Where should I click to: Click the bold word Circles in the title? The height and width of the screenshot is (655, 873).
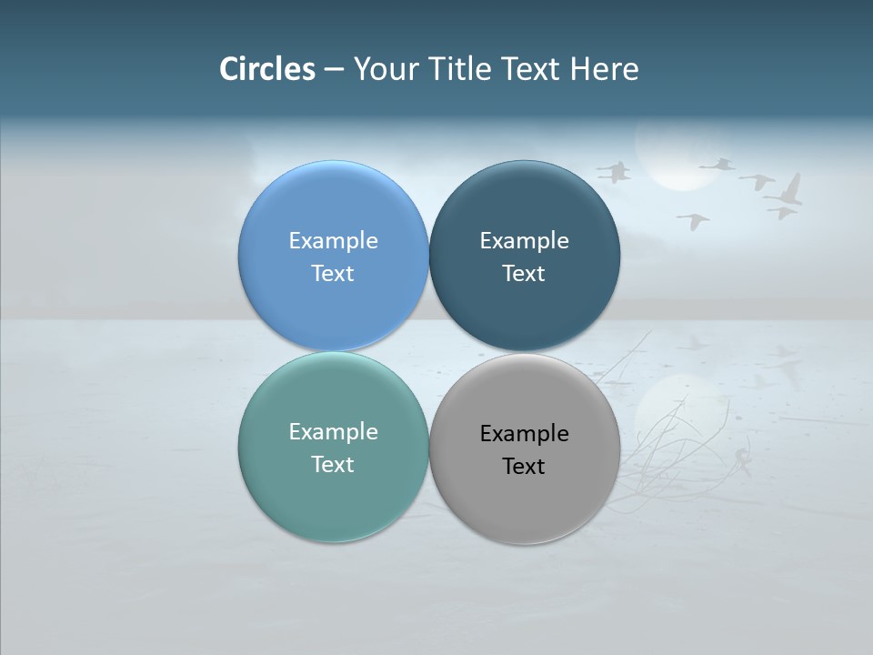pos(267,69)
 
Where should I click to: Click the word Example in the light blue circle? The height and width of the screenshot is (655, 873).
pos(333,240)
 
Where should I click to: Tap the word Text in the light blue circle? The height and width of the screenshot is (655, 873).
pos(333,273)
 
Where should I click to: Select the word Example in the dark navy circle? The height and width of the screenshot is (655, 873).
pos(524,240)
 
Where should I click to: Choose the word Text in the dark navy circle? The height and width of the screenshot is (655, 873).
pos(524,273)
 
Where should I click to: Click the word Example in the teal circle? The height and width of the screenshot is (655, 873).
pos(333,431)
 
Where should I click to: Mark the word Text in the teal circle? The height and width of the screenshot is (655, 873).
pos(333,464)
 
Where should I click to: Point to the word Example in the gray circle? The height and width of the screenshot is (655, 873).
pos(524,433)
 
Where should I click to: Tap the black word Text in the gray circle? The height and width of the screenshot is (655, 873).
pos(524,466)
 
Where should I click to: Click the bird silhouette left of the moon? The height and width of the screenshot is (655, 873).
pos(615,171)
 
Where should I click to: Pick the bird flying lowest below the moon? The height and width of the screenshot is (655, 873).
pos(694,220)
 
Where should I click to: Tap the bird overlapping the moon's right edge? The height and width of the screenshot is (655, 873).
pos(718,165)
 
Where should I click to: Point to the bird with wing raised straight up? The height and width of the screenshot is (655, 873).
pos(788,192)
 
